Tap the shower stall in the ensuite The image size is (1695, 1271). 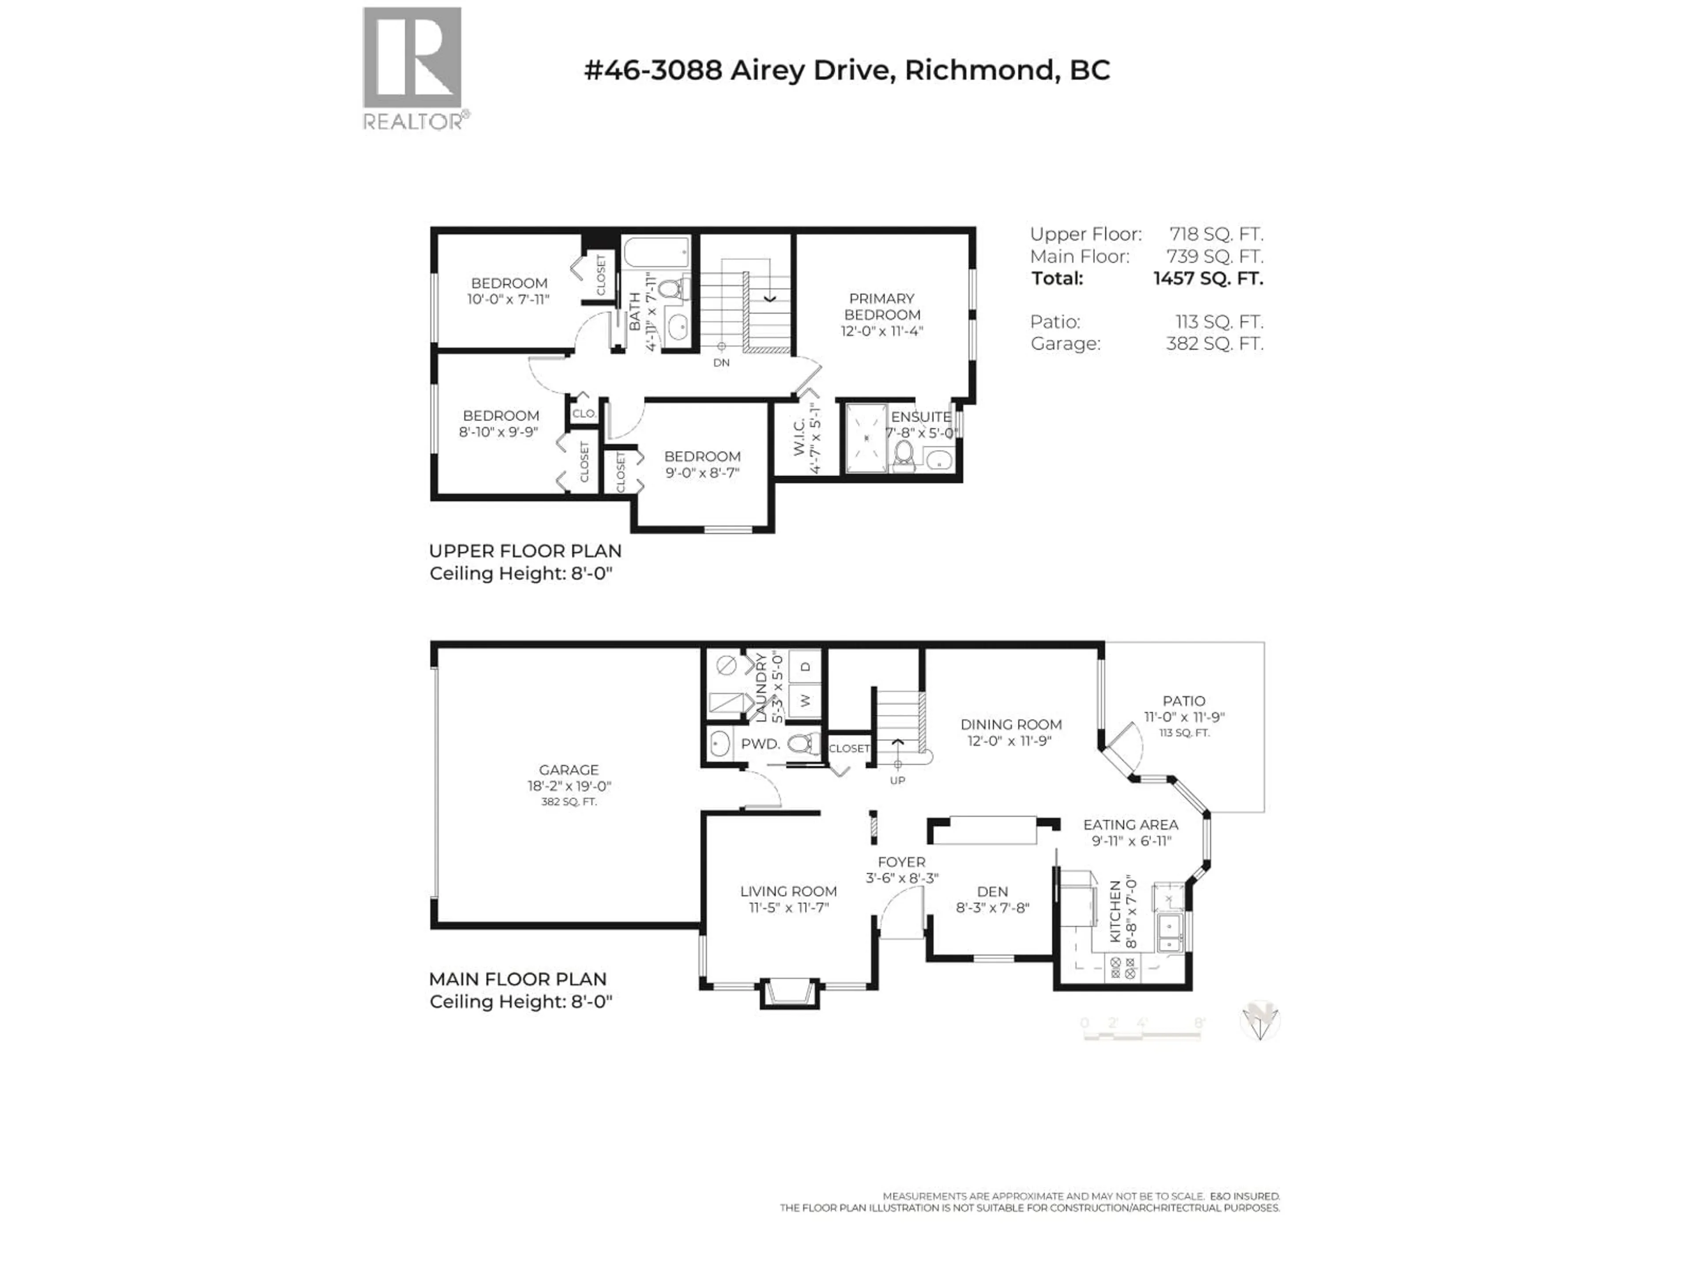866,438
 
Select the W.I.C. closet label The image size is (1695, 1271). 799,437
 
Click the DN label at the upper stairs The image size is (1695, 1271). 721,362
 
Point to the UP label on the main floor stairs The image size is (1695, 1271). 897,780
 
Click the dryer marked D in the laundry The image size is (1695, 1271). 805,666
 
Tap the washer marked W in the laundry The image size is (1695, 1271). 805,700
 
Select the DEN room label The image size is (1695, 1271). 992,891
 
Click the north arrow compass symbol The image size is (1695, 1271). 1259,1021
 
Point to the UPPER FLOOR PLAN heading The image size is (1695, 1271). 525,551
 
